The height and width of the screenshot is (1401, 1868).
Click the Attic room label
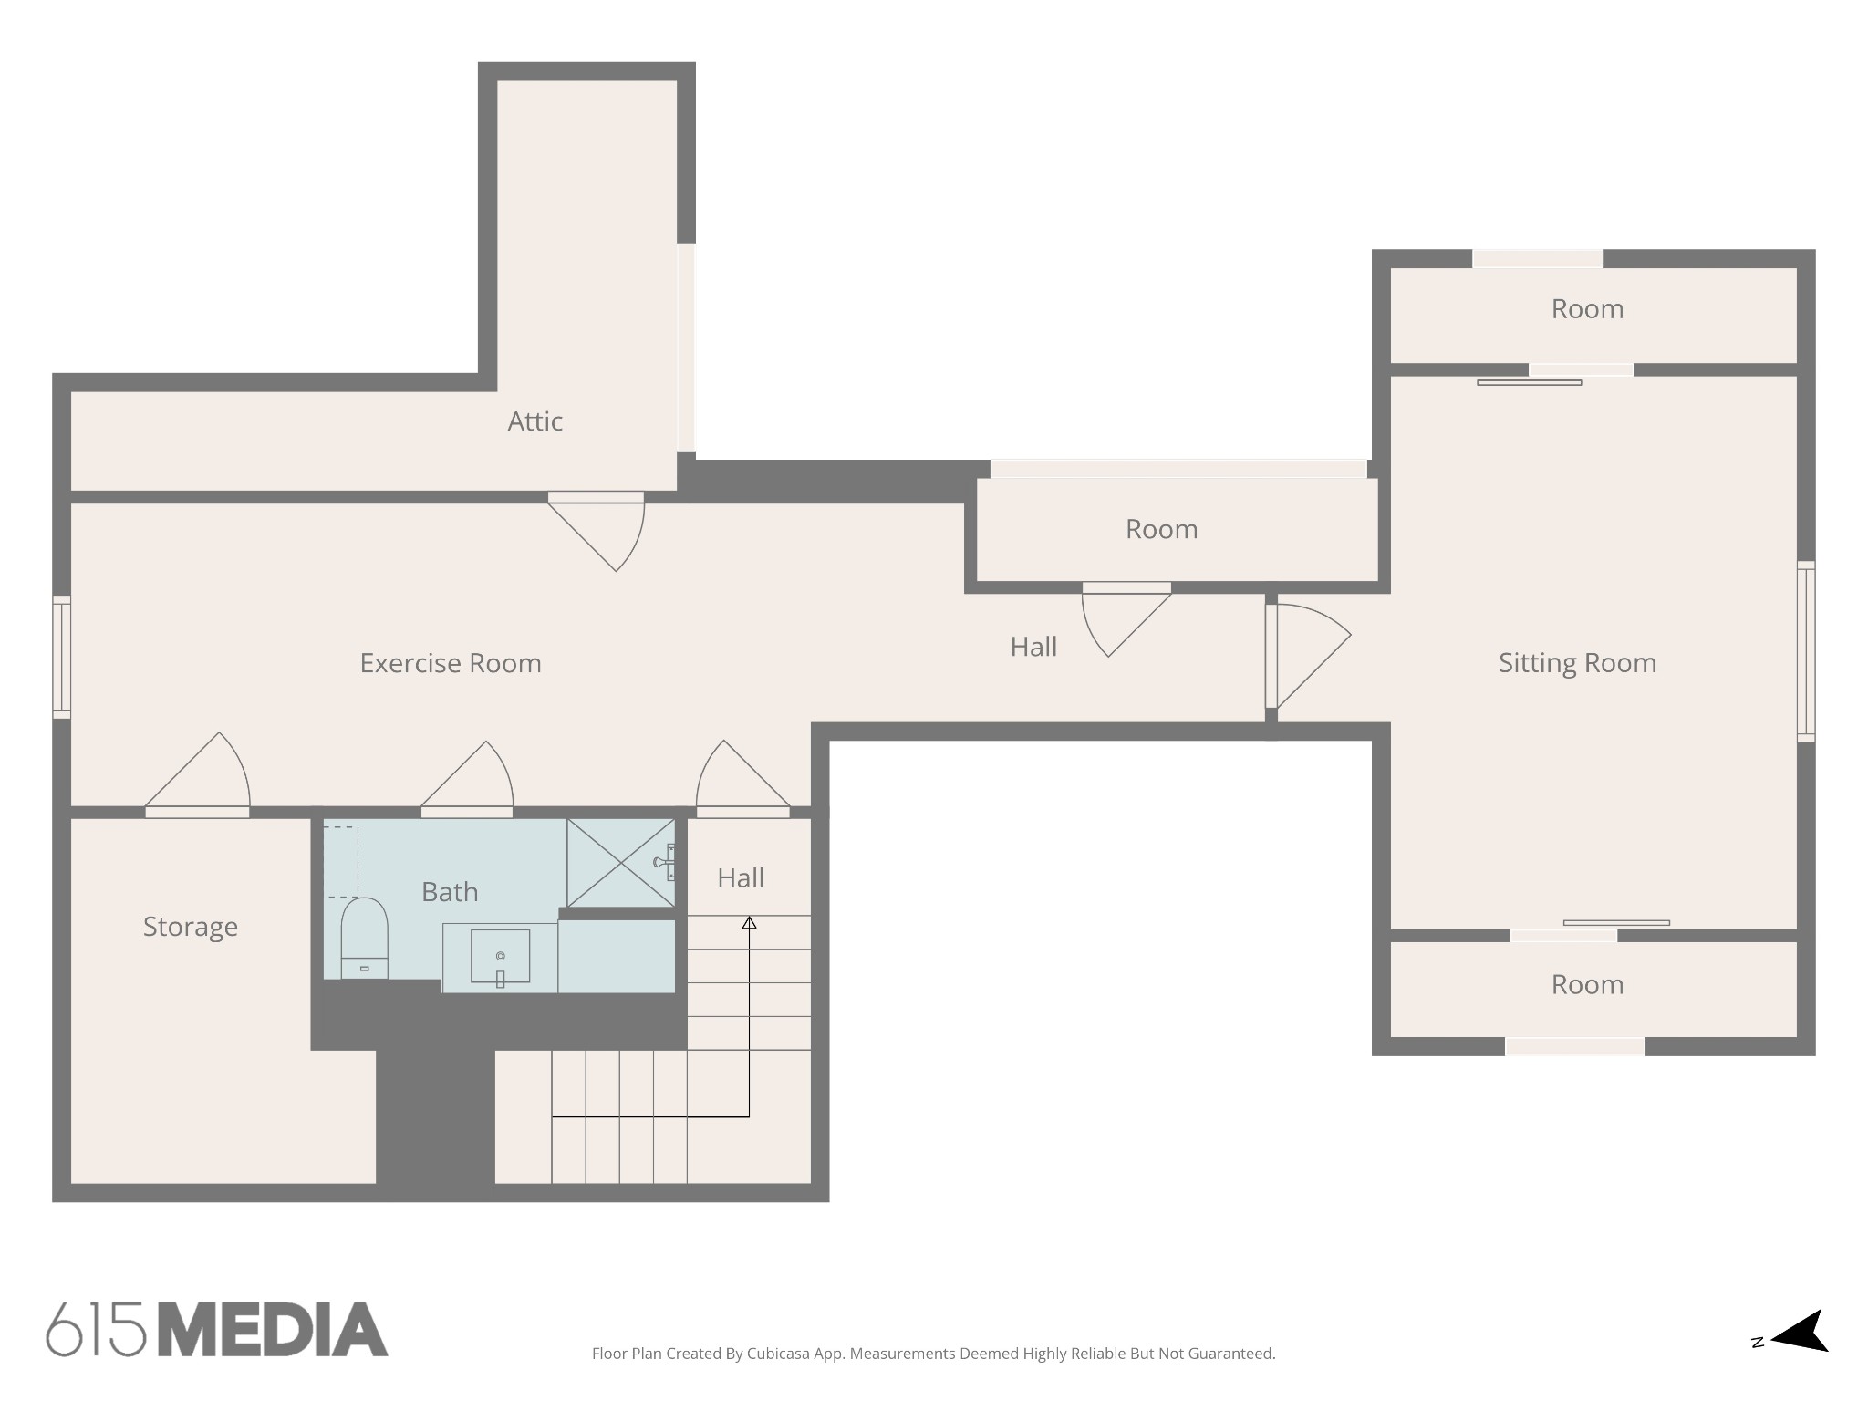point(534,421)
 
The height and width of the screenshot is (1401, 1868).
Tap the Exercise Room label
point(451,663)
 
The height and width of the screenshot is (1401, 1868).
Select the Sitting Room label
point(1577,663)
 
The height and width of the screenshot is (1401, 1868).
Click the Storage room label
point(190,927)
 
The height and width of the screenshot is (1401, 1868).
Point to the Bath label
point(450,892)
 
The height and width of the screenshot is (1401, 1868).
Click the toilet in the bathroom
point(364,938)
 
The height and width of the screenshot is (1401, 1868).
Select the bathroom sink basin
point(500,957)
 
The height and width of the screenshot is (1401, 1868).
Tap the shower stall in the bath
point(621,862)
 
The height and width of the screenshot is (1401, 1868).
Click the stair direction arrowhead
point(749,923)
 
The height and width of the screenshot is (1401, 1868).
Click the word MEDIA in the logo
point(274,1330)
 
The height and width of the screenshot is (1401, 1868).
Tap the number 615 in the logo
point(96,1330)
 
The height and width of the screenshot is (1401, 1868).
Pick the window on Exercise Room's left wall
point(61,657)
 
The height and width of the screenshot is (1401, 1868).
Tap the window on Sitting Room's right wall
point(1806,651)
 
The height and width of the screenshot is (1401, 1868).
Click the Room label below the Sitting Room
point(1587,985)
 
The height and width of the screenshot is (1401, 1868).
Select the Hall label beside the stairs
point(741,878)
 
